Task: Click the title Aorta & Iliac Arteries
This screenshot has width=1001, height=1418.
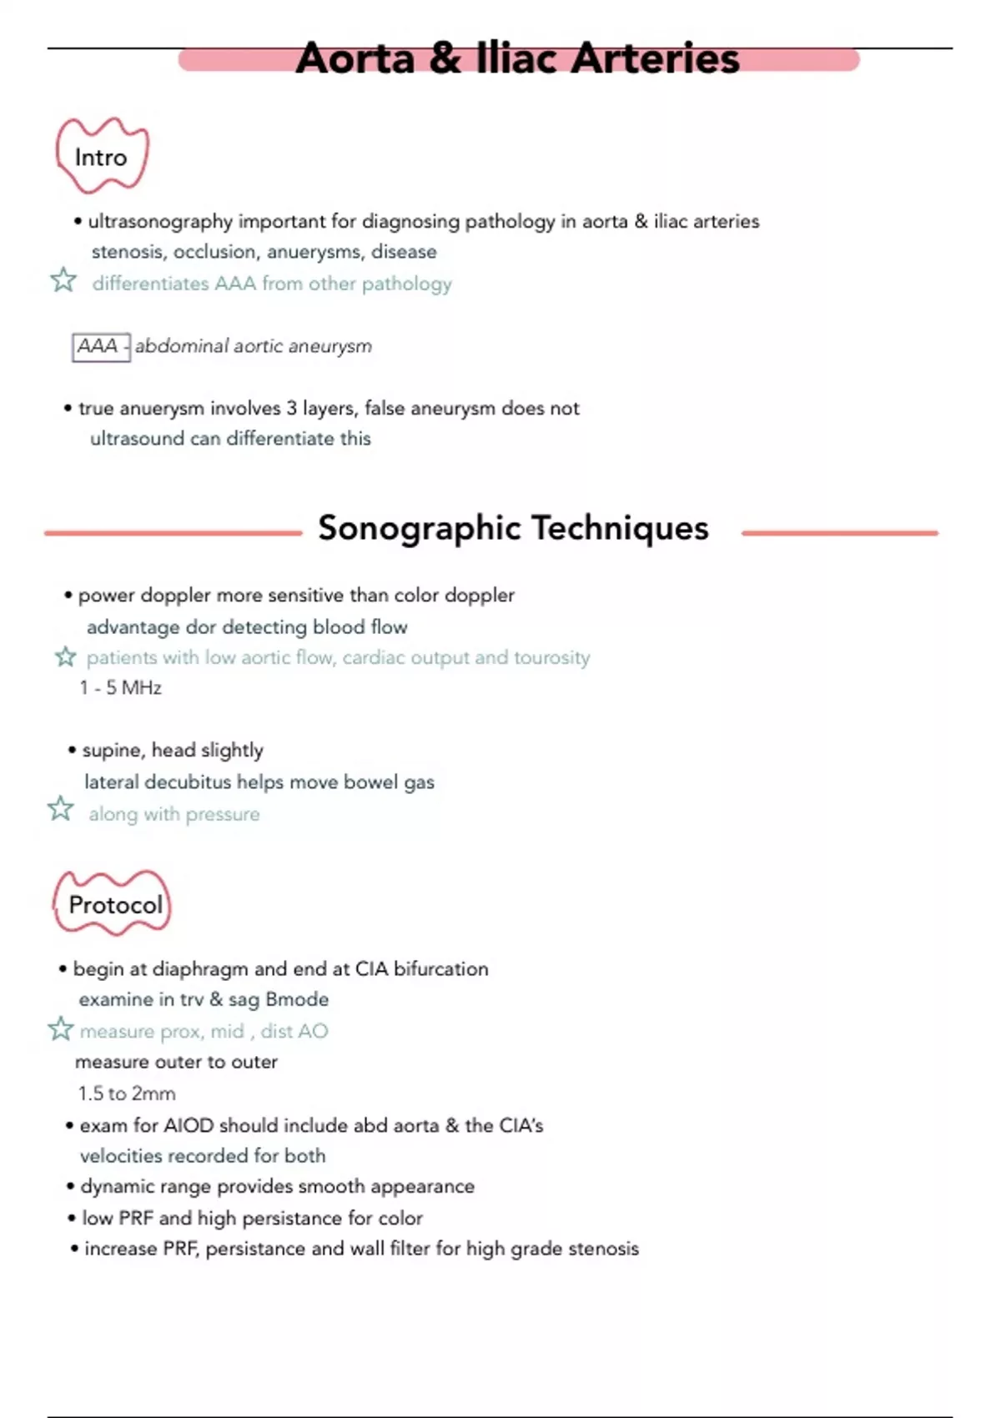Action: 517,58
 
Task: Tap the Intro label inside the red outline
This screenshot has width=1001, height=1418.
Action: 101,158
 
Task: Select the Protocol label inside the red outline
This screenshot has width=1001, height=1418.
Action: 115,905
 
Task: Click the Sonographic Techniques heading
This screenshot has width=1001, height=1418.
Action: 513,528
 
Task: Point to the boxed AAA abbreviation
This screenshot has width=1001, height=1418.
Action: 98,346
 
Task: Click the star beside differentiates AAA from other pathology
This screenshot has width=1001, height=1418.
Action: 63,280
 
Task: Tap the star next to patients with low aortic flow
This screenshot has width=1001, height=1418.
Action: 65,657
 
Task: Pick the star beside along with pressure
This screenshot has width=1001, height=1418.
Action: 60,809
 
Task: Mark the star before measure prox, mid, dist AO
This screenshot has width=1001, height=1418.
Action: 60,1029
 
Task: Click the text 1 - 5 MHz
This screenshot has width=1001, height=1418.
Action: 121,688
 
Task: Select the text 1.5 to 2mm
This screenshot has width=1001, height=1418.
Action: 127,1094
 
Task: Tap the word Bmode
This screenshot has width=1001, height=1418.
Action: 297,999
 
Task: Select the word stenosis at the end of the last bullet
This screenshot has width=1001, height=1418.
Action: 604,1249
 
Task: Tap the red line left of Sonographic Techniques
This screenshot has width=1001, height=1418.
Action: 173,532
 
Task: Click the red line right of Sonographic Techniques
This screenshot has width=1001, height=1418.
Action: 839,532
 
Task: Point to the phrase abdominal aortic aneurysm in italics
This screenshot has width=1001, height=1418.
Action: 254,346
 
